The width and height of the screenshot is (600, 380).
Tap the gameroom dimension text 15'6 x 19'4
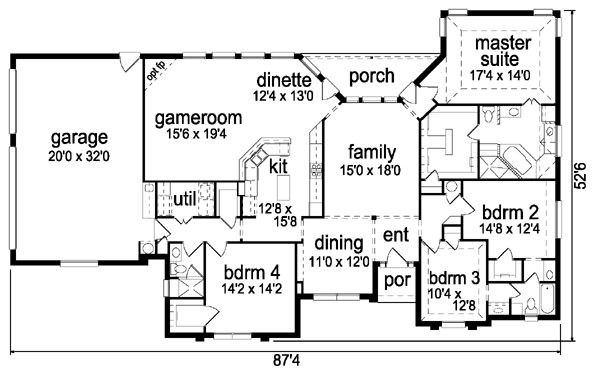pyautogui.click(x=197, y=134)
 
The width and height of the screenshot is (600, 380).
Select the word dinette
pyautogui.click(x=284, y=80)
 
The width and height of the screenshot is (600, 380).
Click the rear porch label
pyautogui.click(x=372, y=76)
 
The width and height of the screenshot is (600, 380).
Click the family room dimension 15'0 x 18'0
pyautogui.click(x=370, y=170)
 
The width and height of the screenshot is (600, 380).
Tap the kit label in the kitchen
pyautogui.click(x=278, y=166)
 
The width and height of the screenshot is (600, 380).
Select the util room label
pyautogui.click(x=184, y=199)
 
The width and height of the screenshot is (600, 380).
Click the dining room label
pyautogui.click(x=339, y=244)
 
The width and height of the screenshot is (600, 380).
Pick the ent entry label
pyautogui.click(x=396, y=235)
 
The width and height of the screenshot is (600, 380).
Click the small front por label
pyautogui.click(x=397, y=281)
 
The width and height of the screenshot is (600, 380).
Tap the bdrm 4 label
pyautogui.click(x=252, y=273)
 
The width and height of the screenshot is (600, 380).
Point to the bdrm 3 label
pyautogui.click(x=454, y=278)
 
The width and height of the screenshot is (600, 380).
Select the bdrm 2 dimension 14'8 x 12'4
pyautogui.click(x=510, y=229)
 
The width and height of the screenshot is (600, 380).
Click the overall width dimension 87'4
pyautogui.click(x=287, y=360)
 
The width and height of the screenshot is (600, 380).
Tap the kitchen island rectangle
pyautogui.click(x=283, y=185)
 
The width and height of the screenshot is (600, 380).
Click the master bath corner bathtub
pyautogui.click(x=517, y=161)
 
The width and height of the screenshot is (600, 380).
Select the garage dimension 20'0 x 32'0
pyautogui.click(x=79, y=157)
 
